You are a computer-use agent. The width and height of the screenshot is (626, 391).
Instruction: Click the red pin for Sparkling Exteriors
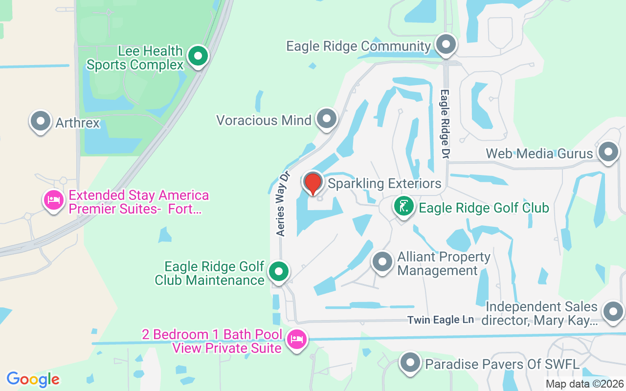pyautogui.click(x=313, y=183)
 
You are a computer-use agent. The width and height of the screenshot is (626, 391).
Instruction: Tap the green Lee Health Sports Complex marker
pyautogui.click(x=198, y=56)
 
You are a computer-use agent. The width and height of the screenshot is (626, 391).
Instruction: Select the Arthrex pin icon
pyautogui.click(x=41, y=121)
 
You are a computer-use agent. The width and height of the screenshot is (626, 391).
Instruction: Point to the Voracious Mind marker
pyautogui.click(x=327, y=119)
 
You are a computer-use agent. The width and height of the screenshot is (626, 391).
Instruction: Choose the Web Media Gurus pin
pyautogui.click(x=608, y=152)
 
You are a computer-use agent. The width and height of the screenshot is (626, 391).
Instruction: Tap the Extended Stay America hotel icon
pyautogui.click(x=54, y=200)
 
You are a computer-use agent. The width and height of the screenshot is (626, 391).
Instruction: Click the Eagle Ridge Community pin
pyautogui.click(x=446, y=45)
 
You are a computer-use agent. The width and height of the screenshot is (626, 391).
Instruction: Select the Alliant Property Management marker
pyautogui.click(x=382, y=262)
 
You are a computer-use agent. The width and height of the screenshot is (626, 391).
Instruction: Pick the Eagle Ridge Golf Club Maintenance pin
pyautogui.click(x=279, y=271)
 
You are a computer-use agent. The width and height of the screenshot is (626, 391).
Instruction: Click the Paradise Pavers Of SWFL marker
pyautogui.click(x=410, y=363)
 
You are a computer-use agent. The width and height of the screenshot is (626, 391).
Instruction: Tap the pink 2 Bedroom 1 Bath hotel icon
pyautogui.click(x=296, y=338)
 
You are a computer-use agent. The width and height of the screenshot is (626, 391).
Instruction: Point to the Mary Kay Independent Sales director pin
pyautogui.click(x=612, y=311)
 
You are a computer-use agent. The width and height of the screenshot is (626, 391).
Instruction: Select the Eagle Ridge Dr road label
pyautogui.click(x=445, y=124)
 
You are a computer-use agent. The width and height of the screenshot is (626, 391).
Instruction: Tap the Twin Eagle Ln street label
pyautogui.click(x=441, y=320)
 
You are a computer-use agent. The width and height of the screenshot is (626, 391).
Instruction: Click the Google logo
pyautogui.click(x=33, y=379)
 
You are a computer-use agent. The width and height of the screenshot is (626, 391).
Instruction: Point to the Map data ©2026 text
pyautogui.click(x=585, y=384)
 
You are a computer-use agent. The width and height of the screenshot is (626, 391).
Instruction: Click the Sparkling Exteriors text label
pyautogui.click(x=384, y=184)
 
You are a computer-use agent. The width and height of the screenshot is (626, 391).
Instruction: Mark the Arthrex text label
pyautogui.click(x=78, y=122)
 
